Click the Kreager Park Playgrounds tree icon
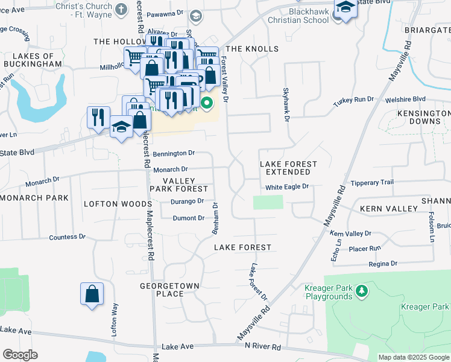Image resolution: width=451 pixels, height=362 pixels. (x=362, y=291)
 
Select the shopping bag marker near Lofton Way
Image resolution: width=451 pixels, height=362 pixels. (x=92, y=295)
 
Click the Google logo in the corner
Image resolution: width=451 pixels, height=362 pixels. (x=20, y=355)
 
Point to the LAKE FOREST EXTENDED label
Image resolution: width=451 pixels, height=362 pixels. (x=288, y=168)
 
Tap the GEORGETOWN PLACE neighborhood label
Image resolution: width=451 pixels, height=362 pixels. (x=162, y=290)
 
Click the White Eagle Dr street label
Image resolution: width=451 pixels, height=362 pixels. (x=287, y=187)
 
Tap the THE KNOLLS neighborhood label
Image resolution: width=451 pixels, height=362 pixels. (x=251, y=49)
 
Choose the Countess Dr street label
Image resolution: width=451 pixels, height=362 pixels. (x=68, y=237)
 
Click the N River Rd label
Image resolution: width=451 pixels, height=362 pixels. (x=263, y=348)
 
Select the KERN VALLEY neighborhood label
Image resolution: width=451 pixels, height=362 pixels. (x=388, y=209)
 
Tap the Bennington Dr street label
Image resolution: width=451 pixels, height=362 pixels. (x=174, y=154)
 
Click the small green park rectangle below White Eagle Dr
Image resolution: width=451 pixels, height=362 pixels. (x=268, y=202)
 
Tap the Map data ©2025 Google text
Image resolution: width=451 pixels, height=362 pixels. (x=414, y=357)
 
